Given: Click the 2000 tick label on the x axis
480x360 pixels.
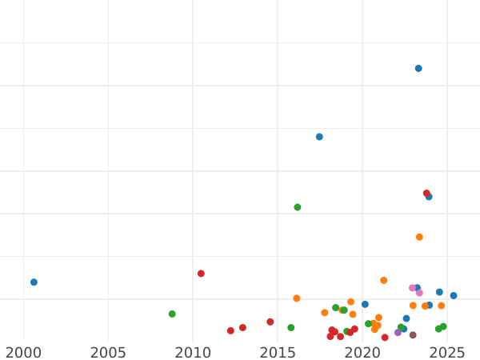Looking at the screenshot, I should [x=23, y=352].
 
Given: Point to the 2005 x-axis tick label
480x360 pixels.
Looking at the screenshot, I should [x=108, y=352].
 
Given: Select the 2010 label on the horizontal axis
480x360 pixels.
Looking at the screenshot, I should [x=193, y=352].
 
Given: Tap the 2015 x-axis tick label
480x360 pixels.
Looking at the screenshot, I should [x=278, y=352].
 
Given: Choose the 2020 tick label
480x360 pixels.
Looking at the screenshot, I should [x=362, y=352].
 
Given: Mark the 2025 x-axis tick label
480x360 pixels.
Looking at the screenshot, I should [x=447, y=352].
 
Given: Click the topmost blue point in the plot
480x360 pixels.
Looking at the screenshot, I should [x=418, y=69].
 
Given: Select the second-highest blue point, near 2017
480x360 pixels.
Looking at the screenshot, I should [x=319, y=137].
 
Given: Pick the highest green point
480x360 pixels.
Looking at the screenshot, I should [x=298, y=207].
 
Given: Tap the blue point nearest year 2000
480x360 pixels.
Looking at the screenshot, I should [x=34, y=282].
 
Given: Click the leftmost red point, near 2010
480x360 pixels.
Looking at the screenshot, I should [x=201, y=274].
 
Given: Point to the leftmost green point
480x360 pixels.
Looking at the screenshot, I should [x=172, y=314].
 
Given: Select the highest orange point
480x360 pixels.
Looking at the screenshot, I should [x=419, y=237].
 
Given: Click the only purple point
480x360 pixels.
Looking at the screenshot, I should [x=398, y=333].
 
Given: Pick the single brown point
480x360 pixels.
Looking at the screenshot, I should [x=413, y=335].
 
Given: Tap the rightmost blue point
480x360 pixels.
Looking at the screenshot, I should [x=454, y=296].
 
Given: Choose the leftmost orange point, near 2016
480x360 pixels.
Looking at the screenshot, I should [x=297, y=298].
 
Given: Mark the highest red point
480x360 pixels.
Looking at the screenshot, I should [x=426, y=194].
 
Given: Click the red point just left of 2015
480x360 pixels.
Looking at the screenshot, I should [x=270, y=322].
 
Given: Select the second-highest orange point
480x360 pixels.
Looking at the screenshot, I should [x=384, y=281].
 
